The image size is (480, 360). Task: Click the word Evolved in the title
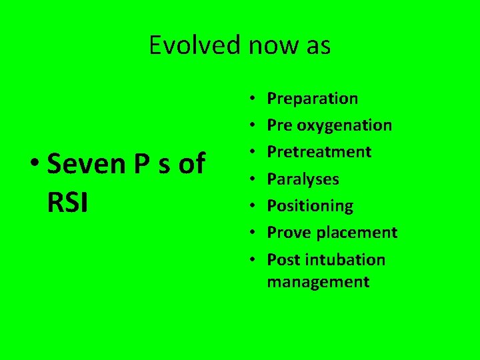(195, 46)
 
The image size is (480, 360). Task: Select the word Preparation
(312, 99)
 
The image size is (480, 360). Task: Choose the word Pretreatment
(319, 152)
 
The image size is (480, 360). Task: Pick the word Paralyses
(303, 179)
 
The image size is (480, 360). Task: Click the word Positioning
(310, 206)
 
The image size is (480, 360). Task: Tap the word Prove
(289, 233)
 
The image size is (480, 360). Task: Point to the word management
(318, 282)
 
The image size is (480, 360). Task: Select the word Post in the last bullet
(283, 259)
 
